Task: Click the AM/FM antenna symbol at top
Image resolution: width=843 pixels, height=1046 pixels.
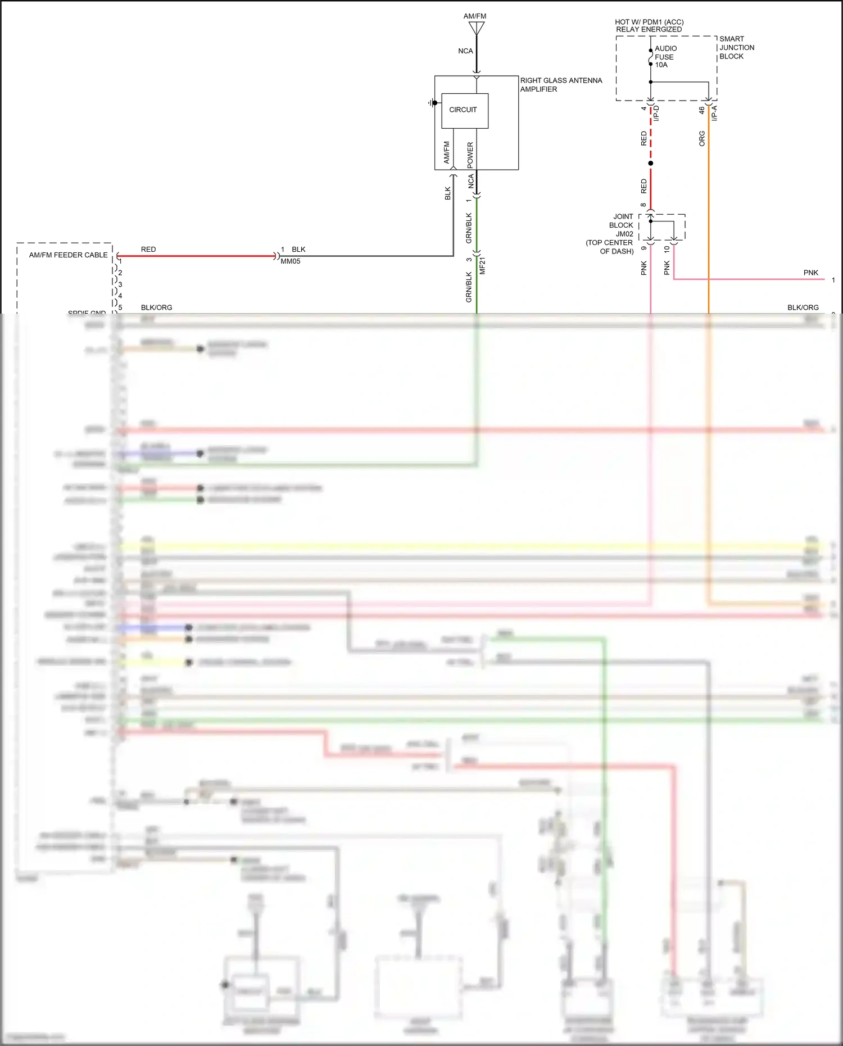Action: tap(477, 28)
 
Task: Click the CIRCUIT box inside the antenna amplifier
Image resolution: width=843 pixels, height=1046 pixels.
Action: tap(464, 110)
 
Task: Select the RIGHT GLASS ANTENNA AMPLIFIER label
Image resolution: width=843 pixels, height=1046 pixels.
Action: tap(560, 85)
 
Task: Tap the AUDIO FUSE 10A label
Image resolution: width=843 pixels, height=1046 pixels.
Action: tap(665, 57)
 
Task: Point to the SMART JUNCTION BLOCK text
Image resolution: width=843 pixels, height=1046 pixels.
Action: tap(736, 48)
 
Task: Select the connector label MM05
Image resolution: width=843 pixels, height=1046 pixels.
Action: tap(290, 261)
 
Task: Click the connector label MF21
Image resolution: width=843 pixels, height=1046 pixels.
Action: tap(482, 265)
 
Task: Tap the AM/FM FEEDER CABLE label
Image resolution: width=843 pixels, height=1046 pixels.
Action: tap(68, 255)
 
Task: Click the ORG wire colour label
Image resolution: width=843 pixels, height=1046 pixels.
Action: tap(702, 139)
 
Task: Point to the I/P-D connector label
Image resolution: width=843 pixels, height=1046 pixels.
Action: tap(656, 114)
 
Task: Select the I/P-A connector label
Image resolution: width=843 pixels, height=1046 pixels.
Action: tap(714, 114)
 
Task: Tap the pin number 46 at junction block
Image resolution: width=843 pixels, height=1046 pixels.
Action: tap(702, 111)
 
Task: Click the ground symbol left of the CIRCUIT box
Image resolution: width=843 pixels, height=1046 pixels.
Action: tap(432, 103)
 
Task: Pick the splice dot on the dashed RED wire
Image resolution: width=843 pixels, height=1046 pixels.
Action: tap(651, 164)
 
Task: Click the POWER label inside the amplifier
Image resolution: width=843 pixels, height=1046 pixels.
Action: tap(470, 155)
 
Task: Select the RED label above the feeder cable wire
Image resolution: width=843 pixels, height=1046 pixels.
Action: tap(148, 250)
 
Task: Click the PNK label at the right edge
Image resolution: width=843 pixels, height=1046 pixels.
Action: tap(810, 273)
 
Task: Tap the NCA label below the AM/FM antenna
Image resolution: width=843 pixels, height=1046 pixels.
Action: tap(465, 51)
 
